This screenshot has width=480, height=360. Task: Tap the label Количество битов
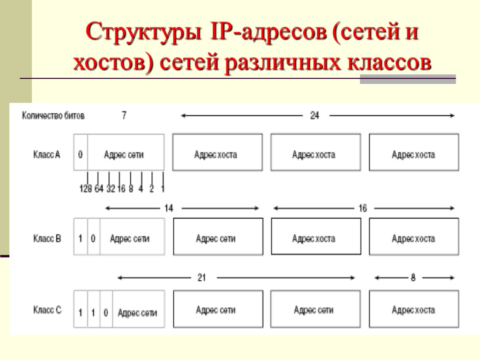click(53, 116)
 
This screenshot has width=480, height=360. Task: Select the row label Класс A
click(46, 154)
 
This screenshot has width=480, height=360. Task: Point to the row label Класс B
click(47, 239)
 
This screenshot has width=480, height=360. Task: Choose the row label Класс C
click(47, 310)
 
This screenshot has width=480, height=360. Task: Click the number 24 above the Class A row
click(315, 116)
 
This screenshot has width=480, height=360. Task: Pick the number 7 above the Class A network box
click(124, 115)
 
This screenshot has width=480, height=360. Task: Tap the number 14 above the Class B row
click(168, 208)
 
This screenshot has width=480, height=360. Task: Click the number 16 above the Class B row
click(362, 208)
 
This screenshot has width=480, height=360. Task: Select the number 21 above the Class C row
click(202, 278)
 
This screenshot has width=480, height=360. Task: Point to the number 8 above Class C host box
click(413, 278)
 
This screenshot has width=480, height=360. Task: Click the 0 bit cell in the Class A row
click(81, 154)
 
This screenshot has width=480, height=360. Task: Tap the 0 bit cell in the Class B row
click(93, 239)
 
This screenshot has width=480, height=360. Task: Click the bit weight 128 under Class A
click(85, 189)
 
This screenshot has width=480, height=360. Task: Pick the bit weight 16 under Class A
click(120, 189)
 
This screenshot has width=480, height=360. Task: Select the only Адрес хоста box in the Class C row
click(413, 309)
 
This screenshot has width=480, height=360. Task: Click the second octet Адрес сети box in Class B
click(216, 239)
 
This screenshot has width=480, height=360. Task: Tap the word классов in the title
click(390, 63)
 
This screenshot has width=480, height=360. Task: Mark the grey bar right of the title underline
click(408, 79)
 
